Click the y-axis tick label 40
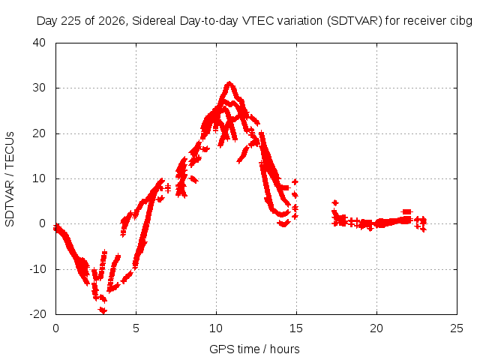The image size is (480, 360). (x=39, y=43)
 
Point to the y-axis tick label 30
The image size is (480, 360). (x=39, y=88)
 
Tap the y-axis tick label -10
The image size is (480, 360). (x=37, y=269)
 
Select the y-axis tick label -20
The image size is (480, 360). (x=37, y=314)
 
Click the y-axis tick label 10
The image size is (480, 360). (x=39, y=178)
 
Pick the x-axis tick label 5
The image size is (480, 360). (x=136, y=328)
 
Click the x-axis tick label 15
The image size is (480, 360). (x=296, y=328)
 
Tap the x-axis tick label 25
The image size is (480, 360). (x=457, y=328)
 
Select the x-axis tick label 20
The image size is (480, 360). (x=376, y=328)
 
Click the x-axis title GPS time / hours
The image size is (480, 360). (x=254, y=349)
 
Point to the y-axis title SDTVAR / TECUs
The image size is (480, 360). (x=10, y=179)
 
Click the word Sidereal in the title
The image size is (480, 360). (x=154, y=21)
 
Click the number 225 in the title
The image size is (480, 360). (x=72, y=21)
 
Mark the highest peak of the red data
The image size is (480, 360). (x=229, y=83)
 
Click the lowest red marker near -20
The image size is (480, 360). (x=103, y=311)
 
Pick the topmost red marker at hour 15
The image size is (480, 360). (x=295, y=181)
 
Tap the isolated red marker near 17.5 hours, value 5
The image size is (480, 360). (x=335, y=202)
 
